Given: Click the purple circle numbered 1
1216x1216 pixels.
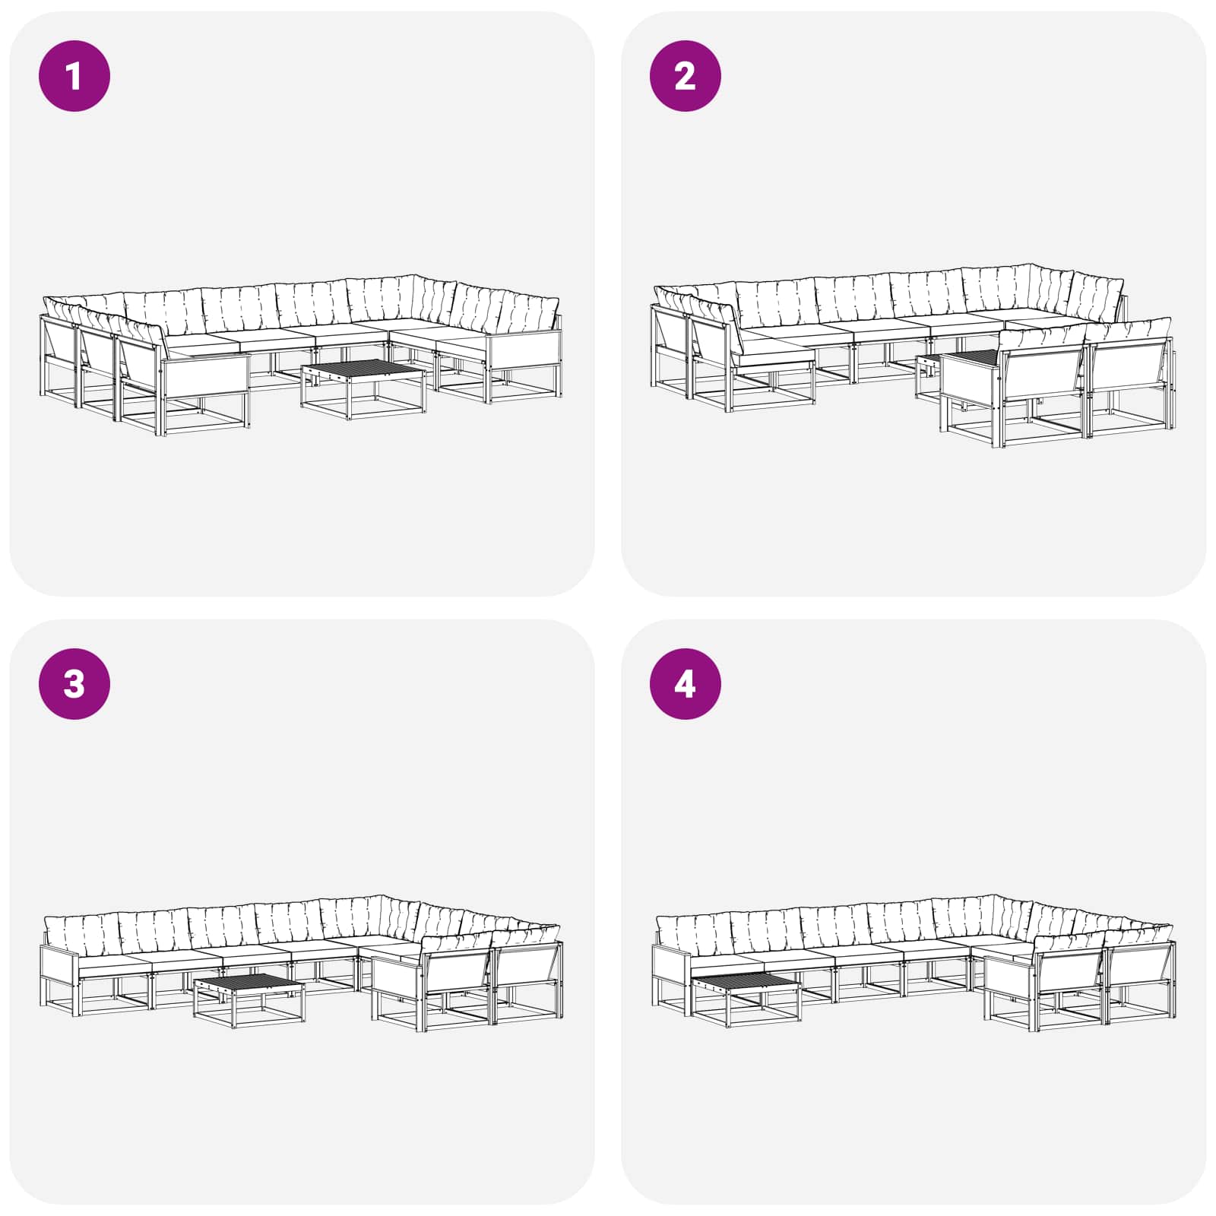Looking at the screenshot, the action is [74, 76].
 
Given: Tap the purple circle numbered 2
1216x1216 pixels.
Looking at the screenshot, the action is [685, 76].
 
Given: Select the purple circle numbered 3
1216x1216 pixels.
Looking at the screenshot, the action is [74, 684].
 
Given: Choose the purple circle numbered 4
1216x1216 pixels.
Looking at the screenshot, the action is [685, 684].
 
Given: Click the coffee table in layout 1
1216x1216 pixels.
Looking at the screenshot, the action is [363, 388].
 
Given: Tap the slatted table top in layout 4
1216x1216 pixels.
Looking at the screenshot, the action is [746, 982].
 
